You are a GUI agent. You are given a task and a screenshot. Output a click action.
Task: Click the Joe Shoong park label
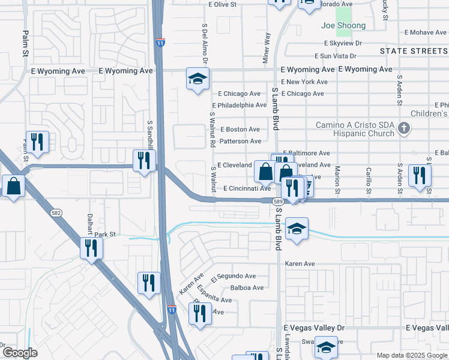pos(343,25)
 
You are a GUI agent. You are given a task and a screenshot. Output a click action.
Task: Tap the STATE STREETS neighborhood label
pos(414,51)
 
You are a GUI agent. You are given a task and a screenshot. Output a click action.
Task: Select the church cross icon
pos(404,127)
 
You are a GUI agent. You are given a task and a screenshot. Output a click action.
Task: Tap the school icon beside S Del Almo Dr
pos(197,80)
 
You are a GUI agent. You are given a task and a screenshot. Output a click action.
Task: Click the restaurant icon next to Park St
pos(91,247)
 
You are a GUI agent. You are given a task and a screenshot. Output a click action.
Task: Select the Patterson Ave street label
pos(241,141)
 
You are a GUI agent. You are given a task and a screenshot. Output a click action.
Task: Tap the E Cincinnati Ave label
pos(247,188)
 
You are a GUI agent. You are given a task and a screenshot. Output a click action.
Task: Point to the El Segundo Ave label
pos(234,277)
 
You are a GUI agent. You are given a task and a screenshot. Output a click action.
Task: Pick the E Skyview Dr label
pos(343,43)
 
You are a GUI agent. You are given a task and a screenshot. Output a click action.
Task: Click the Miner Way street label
pos(267,47)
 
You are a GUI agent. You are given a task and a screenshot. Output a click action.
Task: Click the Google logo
pos(19,353)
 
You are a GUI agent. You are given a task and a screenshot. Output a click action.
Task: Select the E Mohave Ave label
pos(424,32)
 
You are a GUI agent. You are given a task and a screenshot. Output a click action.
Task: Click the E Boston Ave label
pos(240,129)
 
